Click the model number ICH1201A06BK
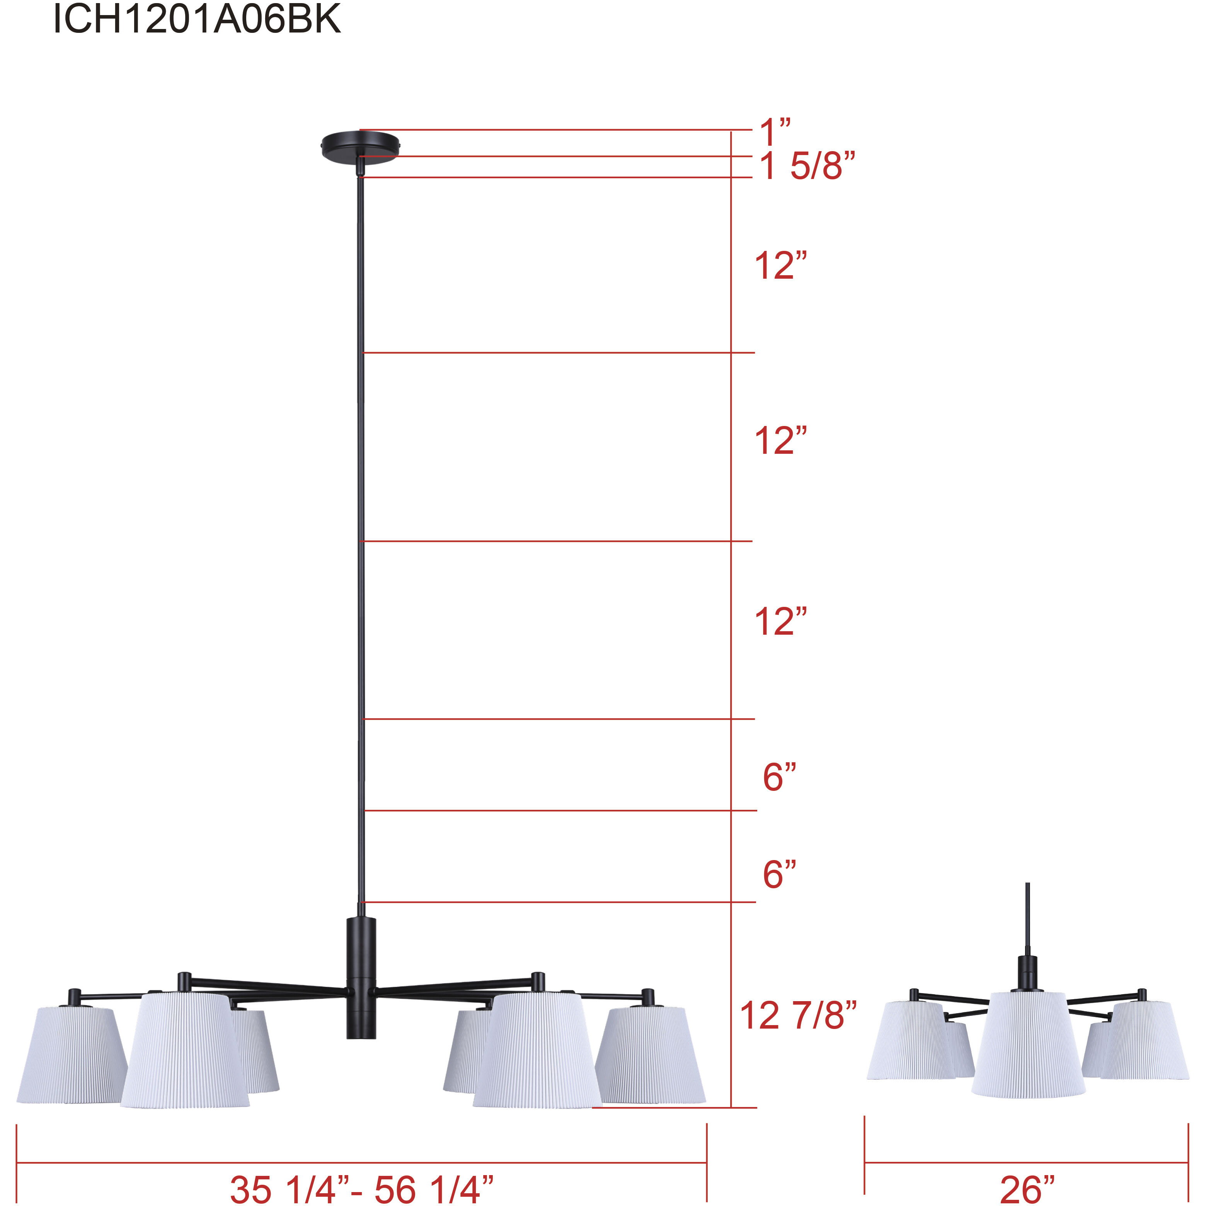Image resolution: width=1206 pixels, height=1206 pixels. coord(197,19)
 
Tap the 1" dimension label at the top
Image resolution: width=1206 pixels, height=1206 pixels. coord(774,132)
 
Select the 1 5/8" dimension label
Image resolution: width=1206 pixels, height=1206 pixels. coord(806,166)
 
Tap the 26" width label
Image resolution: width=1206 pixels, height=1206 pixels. coord(1027,1189)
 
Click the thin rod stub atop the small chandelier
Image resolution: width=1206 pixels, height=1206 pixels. coord(1027,918)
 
